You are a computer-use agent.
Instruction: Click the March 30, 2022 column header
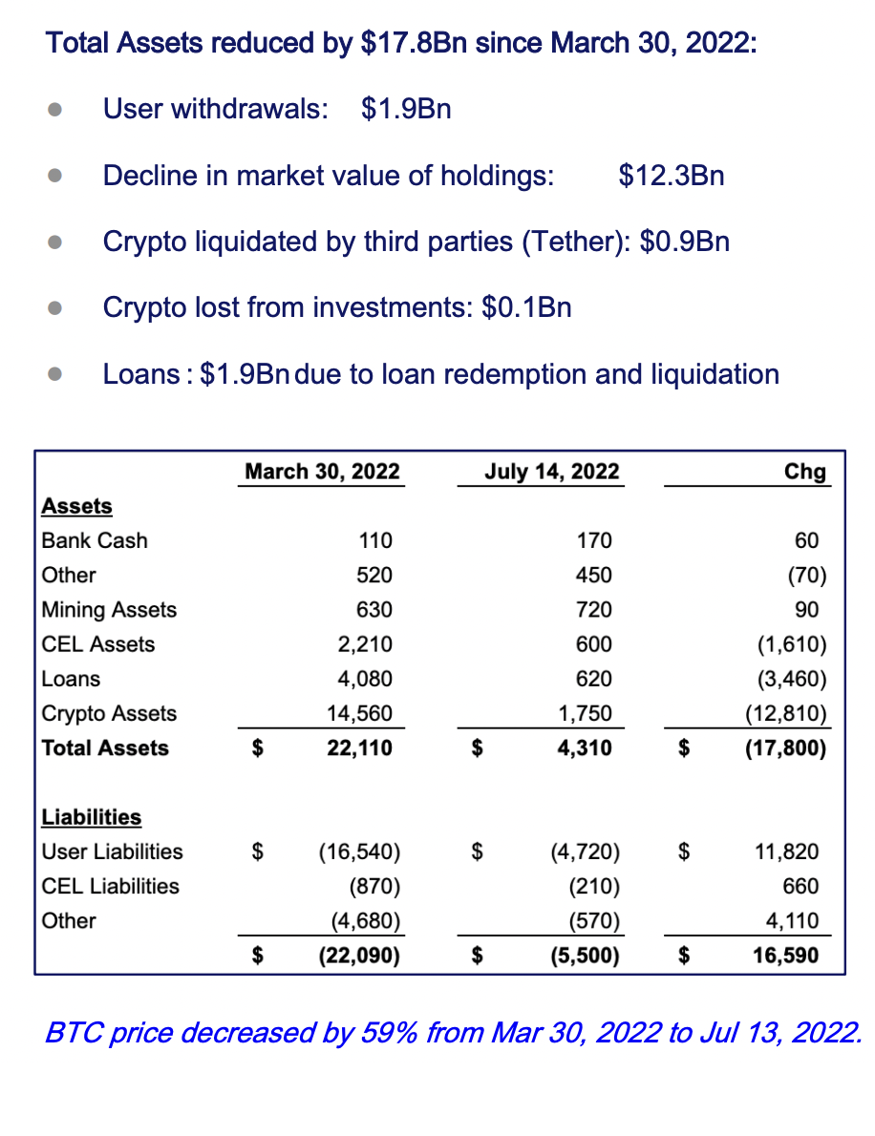point(322,472)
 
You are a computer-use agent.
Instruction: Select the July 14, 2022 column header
point(552,472)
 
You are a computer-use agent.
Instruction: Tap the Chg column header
point(804,472)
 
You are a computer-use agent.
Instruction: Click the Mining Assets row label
point(109,610)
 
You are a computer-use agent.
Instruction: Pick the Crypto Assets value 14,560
point(359,714)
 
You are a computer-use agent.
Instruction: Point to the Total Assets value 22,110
point(359,747)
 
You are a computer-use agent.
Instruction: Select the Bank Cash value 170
point(594,540)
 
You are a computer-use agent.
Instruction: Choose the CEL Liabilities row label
point(110,886)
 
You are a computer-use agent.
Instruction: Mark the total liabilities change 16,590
point(786,956)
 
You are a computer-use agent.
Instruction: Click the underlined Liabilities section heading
point(92,817)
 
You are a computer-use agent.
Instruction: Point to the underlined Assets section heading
point(76,506)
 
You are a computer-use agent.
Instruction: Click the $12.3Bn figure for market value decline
point(672,176)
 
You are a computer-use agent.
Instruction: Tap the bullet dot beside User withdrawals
point(54,110)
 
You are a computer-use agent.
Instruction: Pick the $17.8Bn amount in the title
point(414,43)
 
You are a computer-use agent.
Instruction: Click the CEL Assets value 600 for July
point(594,644)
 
